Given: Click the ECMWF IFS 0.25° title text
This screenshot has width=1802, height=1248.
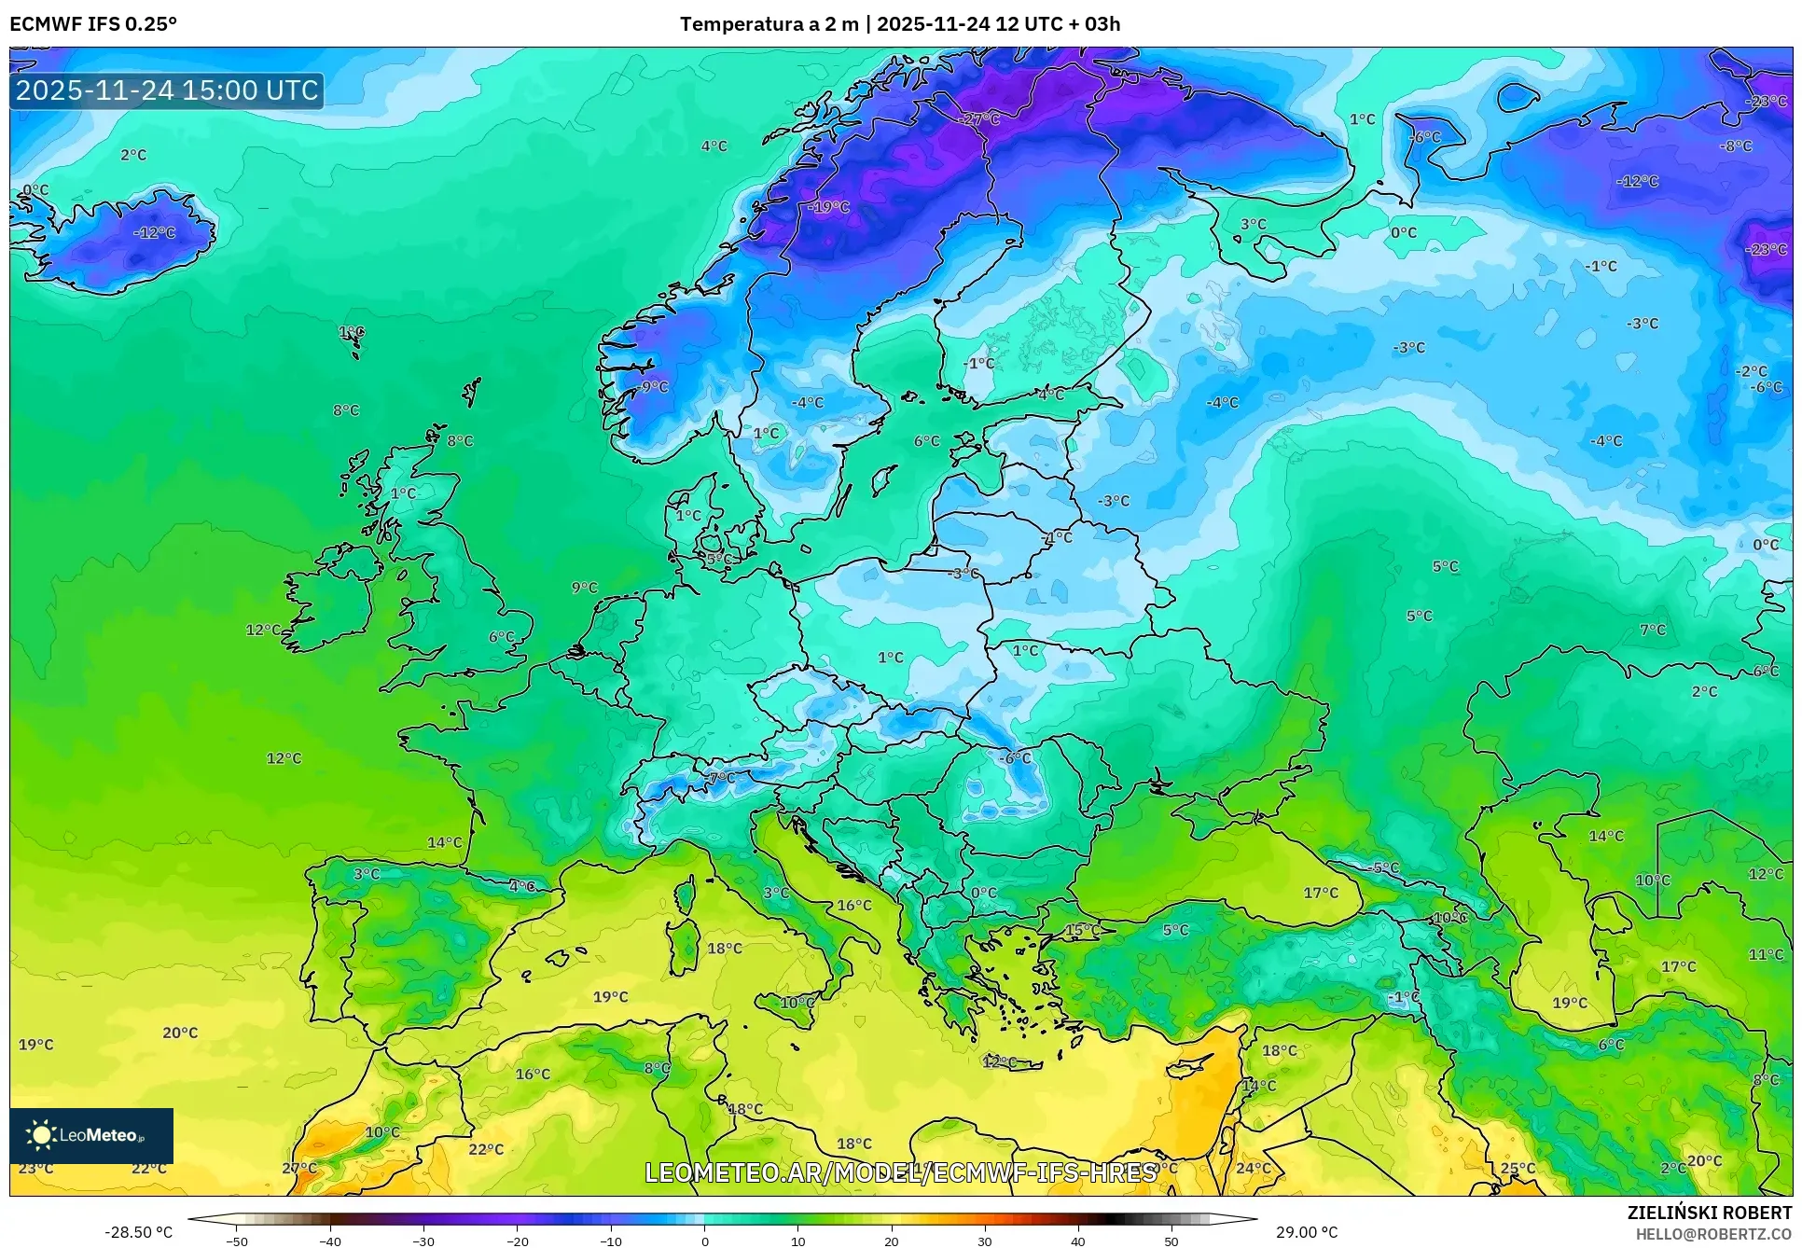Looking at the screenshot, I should (93, 24).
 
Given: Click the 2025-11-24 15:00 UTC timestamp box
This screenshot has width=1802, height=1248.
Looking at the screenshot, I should (167, 90).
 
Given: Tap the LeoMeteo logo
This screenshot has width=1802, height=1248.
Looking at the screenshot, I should (90, 1135).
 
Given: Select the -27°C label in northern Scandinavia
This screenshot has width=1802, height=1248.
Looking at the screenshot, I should (979, 119).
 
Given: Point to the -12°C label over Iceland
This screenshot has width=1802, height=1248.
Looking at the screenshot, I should (155, 232).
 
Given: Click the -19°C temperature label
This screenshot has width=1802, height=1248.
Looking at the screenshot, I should (829, 207).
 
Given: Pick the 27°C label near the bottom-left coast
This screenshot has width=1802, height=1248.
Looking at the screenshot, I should (299, 1168).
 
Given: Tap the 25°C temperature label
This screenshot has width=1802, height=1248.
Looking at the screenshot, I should (1518, 1168).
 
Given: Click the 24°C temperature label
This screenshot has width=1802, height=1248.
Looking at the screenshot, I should (1254, 1168).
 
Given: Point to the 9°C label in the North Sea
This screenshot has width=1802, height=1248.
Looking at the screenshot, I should (585, 587).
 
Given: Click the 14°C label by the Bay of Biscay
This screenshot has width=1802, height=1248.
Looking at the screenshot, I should (444, 842).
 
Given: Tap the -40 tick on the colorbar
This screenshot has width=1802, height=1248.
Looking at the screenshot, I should (330, 1241).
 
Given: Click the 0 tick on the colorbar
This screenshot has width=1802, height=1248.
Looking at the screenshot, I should (705, 1241).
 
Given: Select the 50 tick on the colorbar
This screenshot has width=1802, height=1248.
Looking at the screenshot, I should (1171, 1241).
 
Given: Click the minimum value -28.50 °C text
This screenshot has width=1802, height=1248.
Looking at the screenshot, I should (138, 1232).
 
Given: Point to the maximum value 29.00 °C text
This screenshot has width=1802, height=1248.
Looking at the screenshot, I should (1307, 1232).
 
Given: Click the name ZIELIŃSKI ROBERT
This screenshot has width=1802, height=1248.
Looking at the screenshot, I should (1709, 1213).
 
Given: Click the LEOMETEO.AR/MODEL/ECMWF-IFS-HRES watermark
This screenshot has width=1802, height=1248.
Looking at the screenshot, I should (901, 1172).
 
